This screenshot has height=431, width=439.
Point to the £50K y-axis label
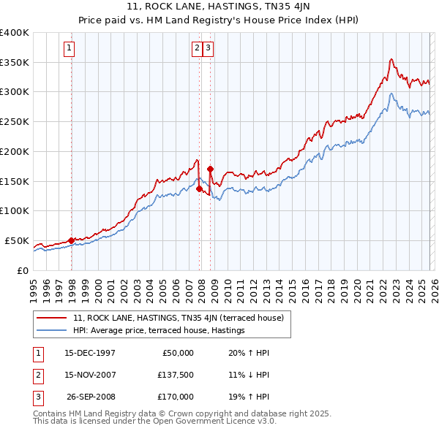click(x=16, y=240)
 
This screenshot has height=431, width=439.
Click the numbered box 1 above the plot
click(x=69, y=49)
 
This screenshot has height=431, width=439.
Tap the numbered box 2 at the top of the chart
click(x=197, y=49)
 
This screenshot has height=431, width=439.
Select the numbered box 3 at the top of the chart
click(x=209, y=49)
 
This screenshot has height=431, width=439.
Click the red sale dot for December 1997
click(x=71, y=240)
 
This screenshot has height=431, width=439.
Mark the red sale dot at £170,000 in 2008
click(x=210, y=169)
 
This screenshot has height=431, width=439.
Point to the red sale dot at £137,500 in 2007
click(x=199, y=188)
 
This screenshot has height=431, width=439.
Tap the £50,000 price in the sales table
click(x=176, y=353)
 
